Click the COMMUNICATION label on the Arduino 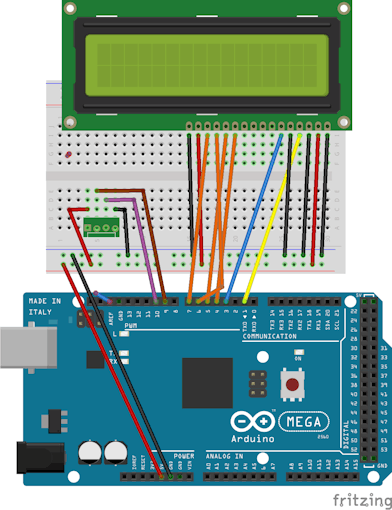point(270,337)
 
